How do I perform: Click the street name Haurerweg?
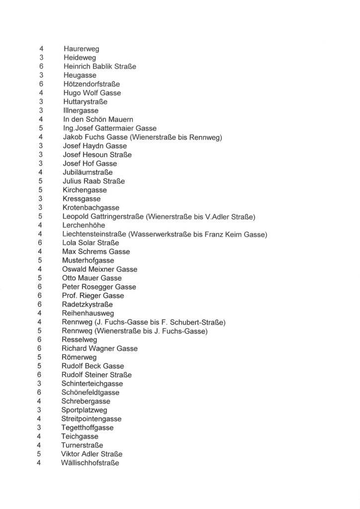[x=81, y=49]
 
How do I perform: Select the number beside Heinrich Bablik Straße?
[x=42, y=66]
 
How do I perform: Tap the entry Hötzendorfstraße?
[x=91, y=84]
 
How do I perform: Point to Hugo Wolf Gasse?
[x=92, y=93]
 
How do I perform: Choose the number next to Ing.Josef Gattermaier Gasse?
[x=41, y=128]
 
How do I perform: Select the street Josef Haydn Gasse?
[x=94, y=146]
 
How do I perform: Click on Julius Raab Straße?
[x=93, y=181]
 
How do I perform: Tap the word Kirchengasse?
[x=85, y=190]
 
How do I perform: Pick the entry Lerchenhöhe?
[x=84, y=225]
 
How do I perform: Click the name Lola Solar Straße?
[x=90, y=243]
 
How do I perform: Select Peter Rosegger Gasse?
[x=99, y=287]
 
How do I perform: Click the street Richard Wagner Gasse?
[x=99, y=348]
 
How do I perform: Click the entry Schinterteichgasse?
[x=92, y=384]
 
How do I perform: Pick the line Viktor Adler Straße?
[x=91, y=454]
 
